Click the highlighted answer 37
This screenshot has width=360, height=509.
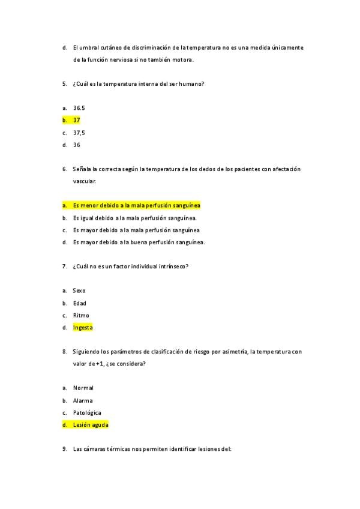coord(76,120)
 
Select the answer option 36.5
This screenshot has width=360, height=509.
coord(79,108)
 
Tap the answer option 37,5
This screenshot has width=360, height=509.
coord(79,133)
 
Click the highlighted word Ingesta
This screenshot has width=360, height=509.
coord(83,328)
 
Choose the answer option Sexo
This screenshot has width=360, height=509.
coord(79,291)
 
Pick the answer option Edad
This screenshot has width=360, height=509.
coord(79,303)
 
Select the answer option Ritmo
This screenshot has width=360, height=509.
coord(81,315)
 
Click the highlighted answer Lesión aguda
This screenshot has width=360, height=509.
coord(91,424)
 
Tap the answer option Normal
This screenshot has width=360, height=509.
coord(83,388)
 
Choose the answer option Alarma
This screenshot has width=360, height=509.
coord(83,400)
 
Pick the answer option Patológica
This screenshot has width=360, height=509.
coord(86,412)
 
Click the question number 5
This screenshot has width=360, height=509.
coord(64,83)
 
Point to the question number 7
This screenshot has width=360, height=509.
coord(64,266)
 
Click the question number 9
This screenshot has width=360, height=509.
coord(64,449)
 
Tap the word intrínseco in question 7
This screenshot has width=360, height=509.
coord(172,266)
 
